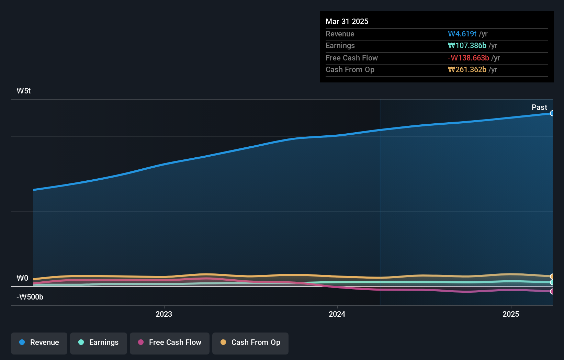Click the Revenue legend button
pos(39,342)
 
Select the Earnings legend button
pos(99,342)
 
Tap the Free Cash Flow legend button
pos(170,342)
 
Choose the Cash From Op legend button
pos(250,342)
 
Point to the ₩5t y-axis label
pos(24,91)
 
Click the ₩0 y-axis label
pos(22,278)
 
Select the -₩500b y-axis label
pos(30,297)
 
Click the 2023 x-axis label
pos(164,314)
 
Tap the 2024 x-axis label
pos(337,314)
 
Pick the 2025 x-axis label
pos(511,314)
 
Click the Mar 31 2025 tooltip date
pos(347,22)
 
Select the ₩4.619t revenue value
pos(462,34)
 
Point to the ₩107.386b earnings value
pos(467,46)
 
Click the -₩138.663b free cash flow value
pos(469,58)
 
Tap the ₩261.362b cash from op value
pos(467,70)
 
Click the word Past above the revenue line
pos(539,108)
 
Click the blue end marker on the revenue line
pos(552,113)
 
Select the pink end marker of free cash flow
pos(552,292)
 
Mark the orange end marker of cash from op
pos(552,277)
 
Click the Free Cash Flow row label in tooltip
pos(352,58)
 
